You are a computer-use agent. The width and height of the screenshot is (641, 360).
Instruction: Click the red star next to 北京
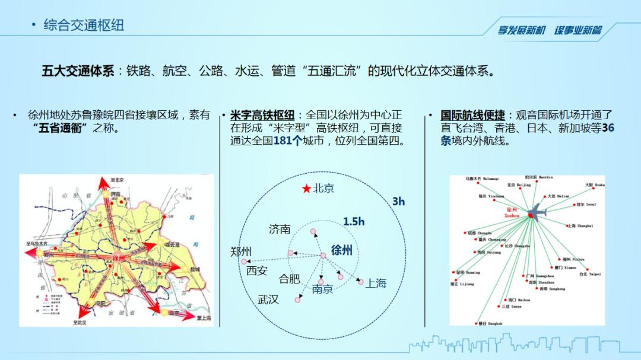306,189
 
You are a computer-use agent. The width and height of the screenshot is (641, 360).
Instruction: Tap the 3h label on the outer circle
398,202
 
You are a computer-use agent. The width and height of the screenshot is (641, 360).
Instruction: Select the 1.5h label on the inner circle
354,221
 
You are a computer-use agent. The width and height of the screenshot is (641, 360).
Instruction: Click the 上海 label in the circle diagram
376,283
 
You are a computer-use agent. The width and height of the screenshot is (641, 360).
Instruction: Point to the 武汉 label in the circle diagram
268,300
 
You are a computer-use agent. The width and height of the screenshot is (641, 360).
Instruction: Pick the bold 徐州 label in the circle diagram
342,250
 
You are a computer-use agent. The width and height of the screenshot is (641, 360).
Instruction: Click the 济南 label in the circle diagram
280,229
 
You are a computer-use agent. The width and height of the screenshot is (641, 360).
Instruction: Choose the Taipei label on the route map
590,274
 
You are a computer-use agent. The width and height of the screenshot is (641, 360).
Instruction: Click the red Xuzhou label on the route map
511,213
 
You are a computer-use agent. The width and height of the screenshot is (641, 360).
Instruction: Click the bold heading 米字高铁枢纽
262,115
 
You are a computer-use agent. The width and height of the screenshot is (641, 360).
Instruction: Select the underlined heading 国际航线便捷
472,115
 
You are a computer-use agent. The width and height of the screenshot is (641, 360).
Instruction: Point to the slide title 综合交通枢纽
84,25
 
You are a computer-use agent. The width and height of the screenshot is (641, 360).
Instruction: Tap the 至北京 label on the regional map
118,180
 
